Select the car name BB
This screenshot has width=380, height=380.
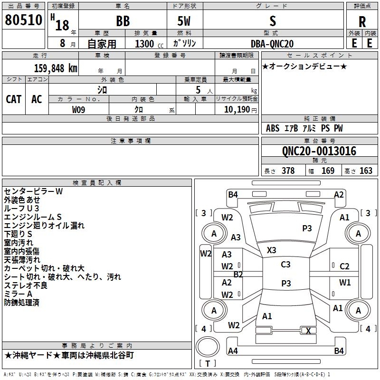click(123, 21)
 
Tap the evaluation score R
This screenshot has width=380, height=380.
click(362, 21)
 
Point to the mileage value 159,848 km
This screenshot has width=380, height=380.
click(56, 68)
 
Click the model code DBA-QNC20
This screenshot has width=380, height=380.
click(272, 44)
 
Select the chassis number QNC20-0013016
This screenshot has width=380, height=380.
click(319, 151)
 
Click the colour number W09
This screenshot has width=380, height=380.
click(79, 109)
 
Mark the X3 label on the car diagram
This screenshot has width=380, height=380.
click(271, 250)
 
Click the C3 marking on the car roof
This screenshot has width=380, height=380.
click(285, 265)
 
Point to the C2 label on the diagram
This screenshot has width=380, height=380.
click(344, 266)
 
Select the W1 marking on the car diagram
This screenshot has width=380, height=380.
click(344, 283)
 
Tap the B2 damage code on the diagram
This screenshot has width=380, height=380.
click(238, 274)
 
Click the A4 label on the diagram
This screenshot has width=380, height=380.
click(233, 351)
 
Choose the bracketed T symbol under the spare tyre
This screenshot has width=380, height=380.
click(208, 363)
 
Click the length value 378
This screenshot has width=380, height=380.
click(288, 171)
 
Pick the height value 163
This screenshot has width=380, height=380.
click(366, 171)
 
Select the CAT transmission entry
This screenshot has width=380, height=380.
click(13, 99)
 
